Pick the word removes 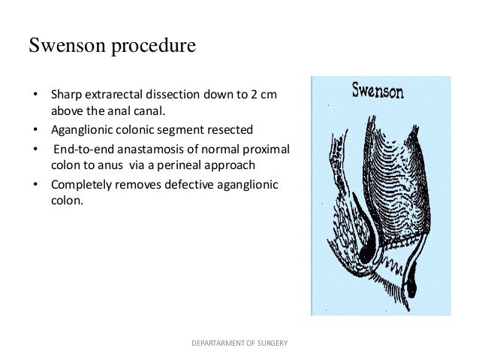130,185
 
